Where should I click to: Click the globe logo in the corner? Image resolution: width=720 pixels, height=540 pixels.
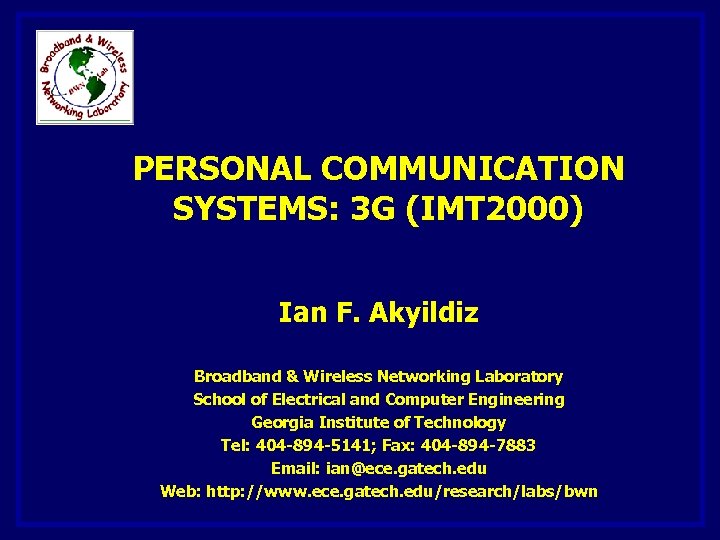pyautogui.click(x=84, y=77)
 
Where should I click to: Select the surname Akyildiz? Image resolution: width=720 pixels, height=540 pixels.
pyautogui.click(x=424, y=313)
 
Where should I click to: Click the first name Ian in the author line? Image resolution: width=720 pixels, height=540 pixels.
pyautogui.click(x=299, y=313)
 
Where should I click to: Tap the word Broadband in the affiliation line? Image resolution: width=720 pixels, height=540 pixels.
pyautogui.click(x=237, y=377)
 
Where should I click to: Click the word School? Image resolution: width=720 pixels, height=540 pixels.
pyautogui.click(x=219, y=400)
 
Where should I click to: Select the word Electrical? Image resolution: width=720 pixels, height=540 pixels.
pyautogui.click(x=307, y=400)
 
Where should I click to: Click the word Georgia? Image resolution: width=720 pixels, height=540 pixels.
pyautogui.click(x=283, y=423)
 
